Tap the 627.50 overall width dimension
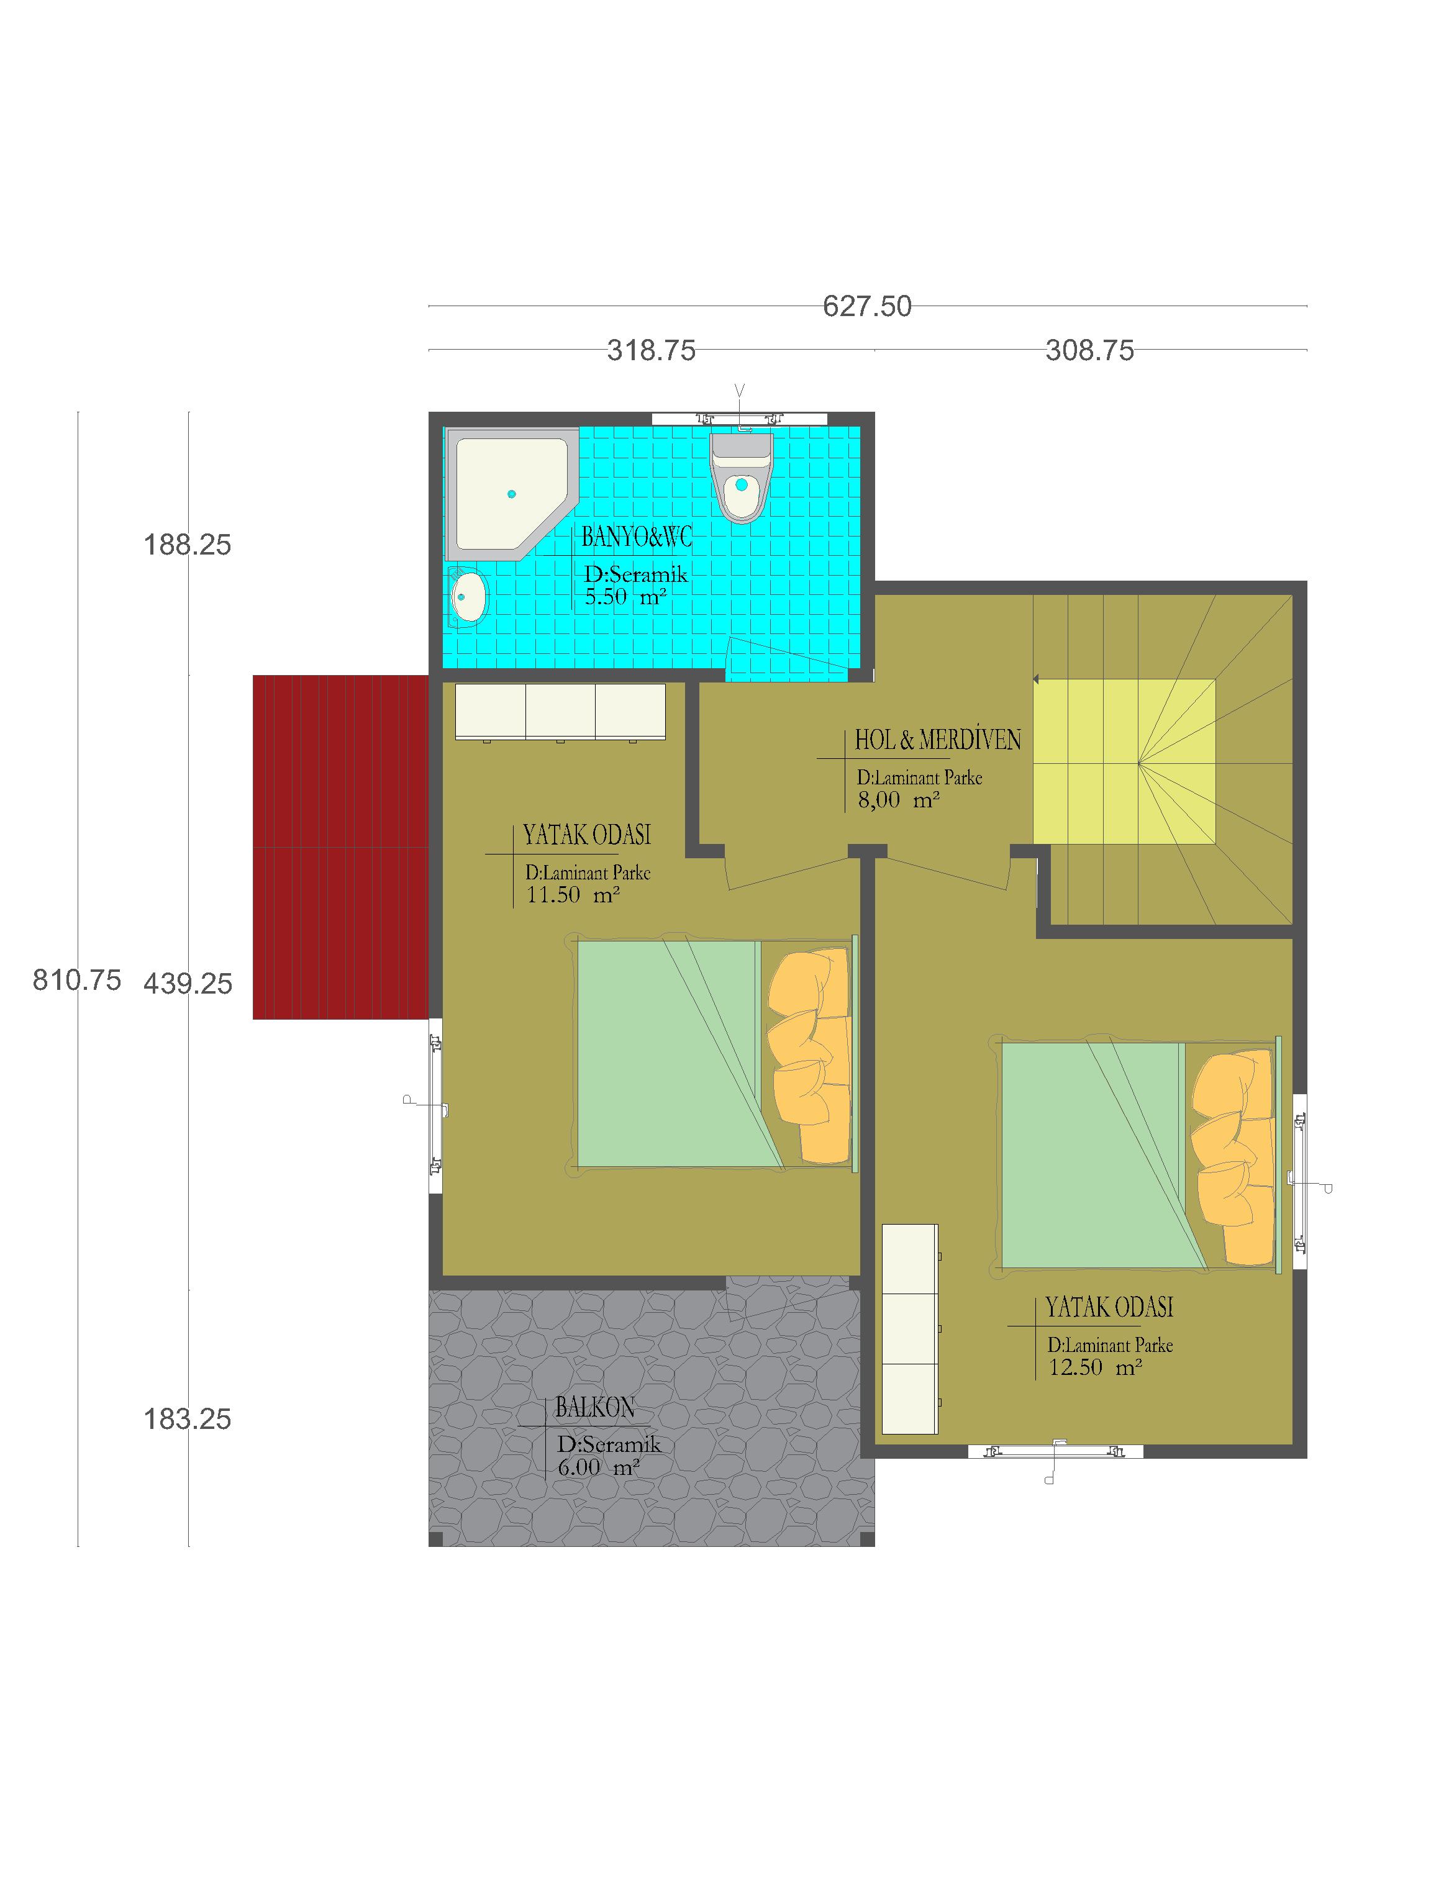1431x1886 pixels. click(x=867, y=306)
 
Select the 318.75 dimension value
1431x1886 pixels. click(x=652, y=350)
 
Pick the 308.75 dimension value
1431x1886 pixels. click(x=1090, y=350)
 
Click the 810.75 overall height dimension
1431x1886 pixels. click(x=77, y=981)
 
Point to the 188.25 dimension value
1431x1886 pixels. click(x=188, y=545)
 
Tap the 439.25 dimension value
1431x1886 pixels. click(x=188, y=984)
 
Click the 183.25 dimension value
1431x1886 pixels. click(x=188, y=1420)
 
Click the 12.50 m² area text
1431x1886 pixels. click(x=1095, y=1367)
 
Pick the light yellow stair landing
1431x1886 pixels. click(x=1124, y=761)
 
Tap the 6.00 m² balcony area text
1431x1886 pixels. click(x=599, y=1467)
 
